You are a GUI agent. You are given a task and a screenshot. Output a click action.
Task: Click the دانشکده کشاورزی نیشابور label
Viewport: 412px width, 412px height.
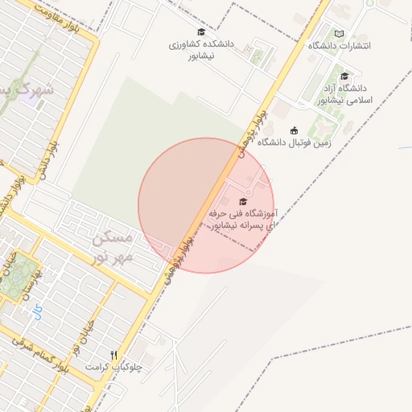click(201, 51)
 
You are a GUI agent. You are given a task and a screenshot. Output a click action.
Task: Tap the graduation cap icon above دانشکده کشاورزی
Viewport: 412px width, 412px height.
click(201, 32)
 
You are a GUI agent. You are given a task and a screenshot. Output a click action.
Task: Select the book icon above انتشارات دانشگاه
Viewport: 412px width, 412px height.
click(339, 34)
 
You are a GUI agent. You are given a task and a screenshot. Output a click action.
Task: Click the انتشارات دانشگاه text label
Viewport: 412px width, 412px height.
click(340, 46)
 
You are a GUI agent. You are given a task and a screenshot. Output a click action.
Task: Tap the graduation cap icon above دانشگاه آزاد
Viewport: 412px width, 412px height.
click(344, 76)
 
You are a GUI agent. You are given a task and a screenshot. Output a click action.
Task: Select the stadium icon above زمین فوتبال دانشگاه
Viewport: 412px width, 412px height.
click(294, 130)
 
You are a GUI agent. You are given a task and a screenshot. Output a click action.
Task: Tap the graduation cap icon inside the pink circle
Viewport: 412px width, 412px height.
click(243, 201)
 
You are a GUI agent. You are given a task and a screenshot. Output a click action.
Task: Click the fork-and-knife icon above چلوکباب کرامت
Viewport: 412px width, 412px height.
click(113, 354)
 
